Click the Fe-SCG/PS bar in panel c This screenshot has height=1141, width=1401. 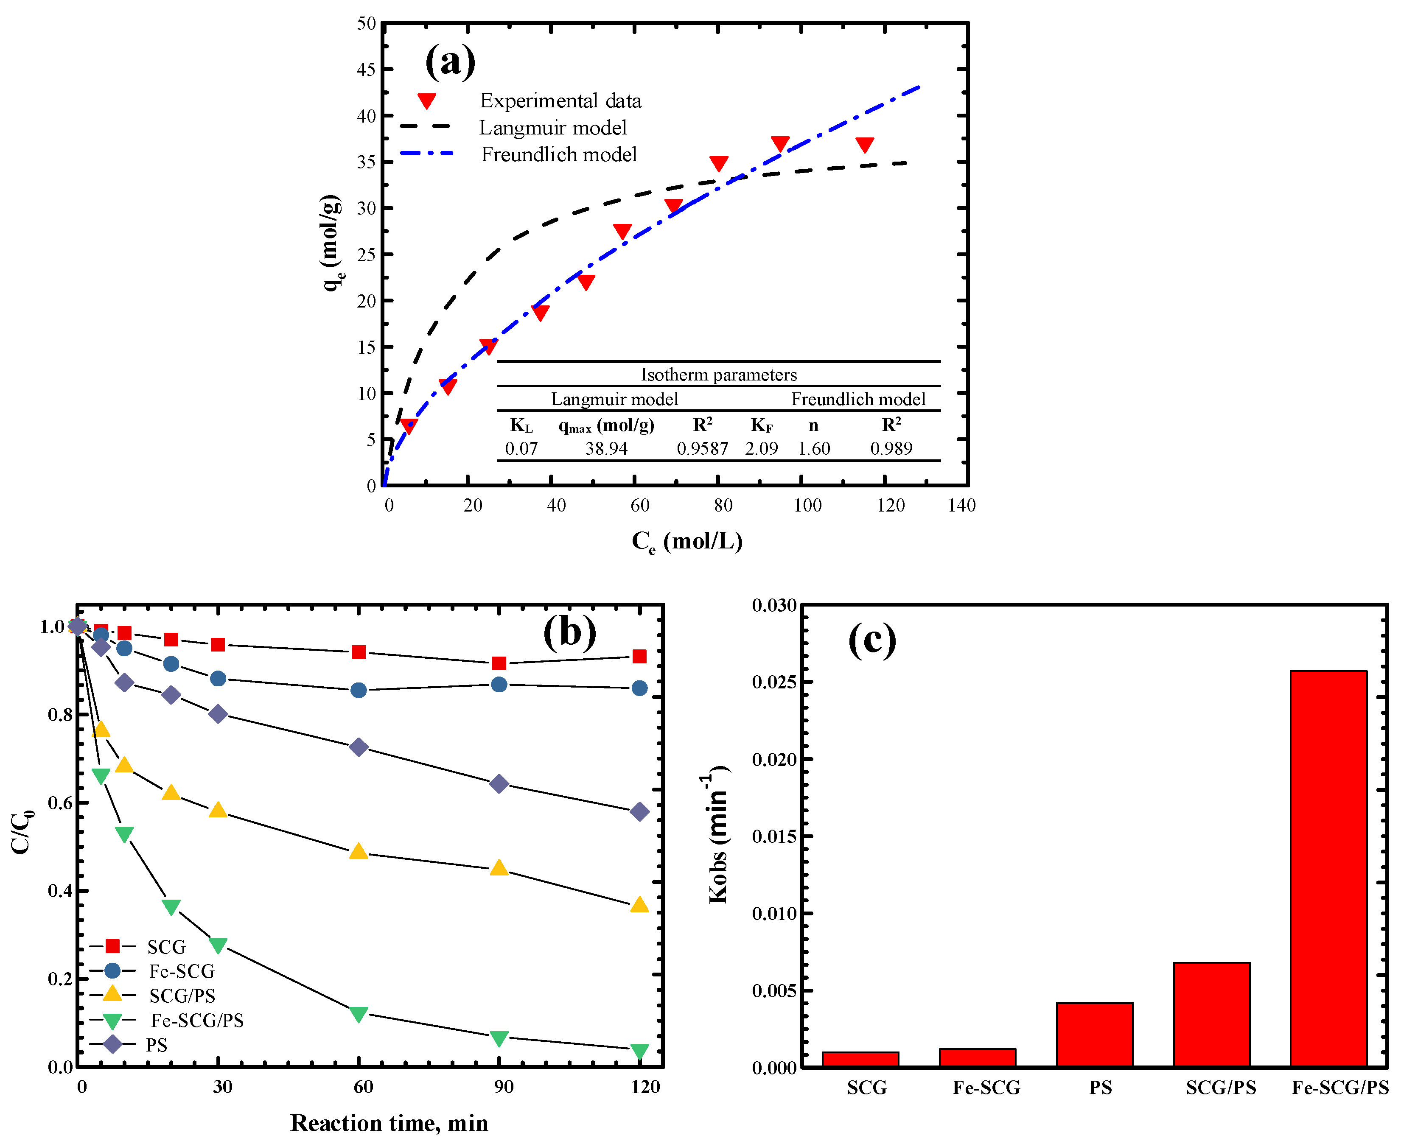pyautogui.click(x=1328, y=867)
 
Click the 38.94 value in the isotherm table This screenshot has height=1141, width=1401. pyautogui.click(x=606, y=448)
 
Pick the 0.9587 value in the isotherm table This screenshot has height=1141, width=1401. pyautogui.click(x=702, y=448)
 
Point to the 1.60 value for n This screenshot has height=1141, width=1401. pyautogui.click(x=813, y=448)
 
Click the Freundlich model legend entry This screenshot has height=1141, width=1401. pyautogui.click(x=558, y=154)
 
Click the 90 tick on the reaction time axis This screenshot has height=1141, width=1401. pyautogui.click(x=504, y=1086)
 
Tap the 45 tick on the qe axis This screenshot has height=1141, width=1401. pyautogui.click(x=366, y=70)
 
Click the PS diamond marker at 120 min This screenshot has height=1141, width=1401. pyautogui.click(x=639, y=812)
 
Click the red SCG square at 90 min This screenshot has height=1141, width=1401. pyautogui.click(x=499, y=663)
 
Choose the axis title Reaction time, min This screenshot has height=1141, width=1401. pyautogui.click(x=389, y=1123)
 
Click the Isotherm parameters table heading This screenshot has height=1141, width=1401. pyautogui.click(x=719, y=375)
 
